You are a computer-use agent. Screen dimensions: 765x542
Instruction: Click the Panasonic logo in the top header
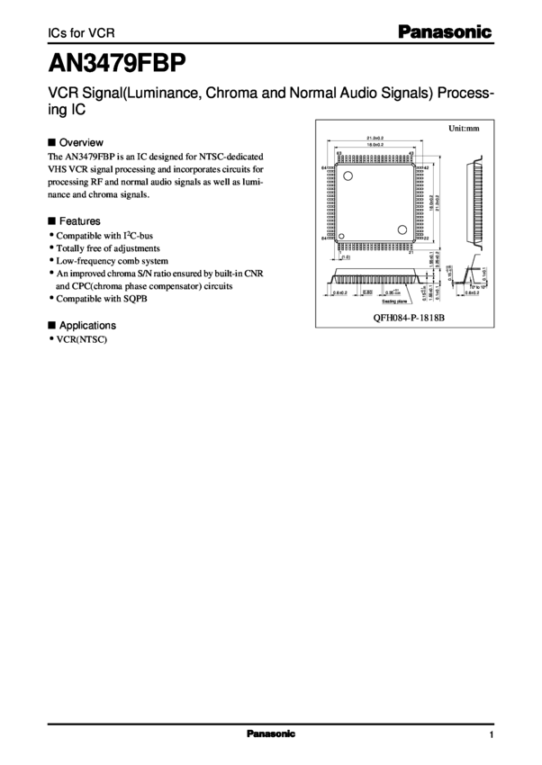coord(447,33)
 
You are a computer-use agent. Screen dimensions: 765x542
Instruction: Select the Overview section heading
coord(81,142)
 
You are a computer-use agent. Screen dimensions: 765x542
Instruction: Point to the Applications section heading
coord(87,325)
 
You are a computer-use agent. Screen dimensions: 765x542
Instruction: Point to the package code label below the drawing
coord(410,318)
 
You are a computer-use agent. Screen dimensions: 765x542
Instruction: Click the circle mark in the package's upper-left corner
coord(348,175)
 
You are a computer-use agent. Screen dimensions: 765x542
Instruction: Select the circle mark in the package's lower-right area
coord(403,227)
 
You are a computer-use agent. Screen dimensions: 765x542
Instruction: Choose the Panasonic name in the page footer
coord(271,734)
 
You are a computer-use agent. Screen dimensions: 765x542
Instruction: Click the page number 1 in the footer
coord(492,734)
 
